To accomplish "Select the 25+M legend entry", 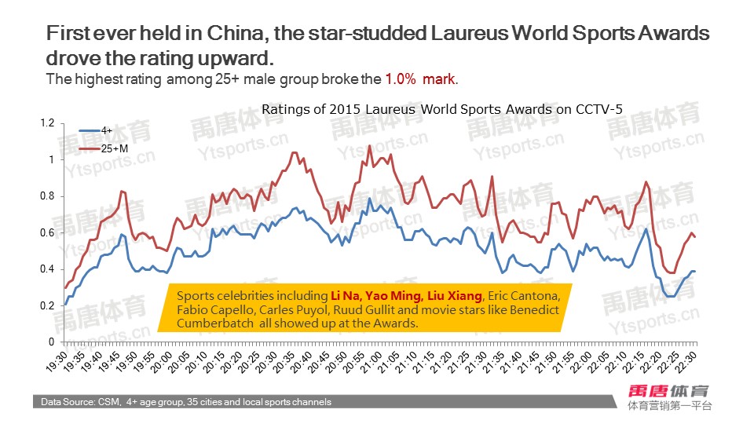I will pyautogui.click(x=112, y=147).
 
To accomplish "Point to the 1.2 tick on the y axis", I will pyautogui.click(x=46, y=123).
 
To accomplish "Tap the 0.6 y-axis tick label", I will pyautogui.click(x=46, y=232).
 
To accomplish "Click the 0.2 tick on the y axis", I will pyautogui.click(x=46, y=305).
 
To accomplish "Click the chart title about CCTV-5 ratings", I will pyautogui.click(x=441, y=110).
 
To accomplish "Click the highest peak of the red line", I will pyautogui.click(x=369, y=146).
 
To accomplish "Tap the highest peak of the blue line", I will pyautogui.click(x=369, y=199).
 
